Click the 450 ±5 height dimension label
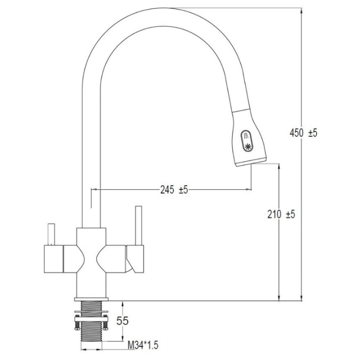coord(303,133)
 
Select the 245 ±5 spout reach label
coord(174,190)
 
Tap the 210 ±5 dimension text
coord(281,214)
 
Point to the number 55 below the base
coord(122,321)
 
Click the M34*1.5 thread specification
coord(143,345)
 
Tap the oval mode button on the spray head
coord(247,141)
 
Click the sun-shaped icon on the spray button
coord(248,147)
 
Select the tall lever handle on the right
coord(138,226)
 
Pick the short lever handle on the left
coord(51,234)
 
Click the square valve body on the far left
coord(53,259)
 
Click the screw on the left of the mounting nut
coord(77,322)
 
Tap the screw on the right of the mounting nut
coord(105,322)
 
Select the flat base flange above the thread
coord(91,299)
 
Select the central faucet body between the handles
coord(91,262)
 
